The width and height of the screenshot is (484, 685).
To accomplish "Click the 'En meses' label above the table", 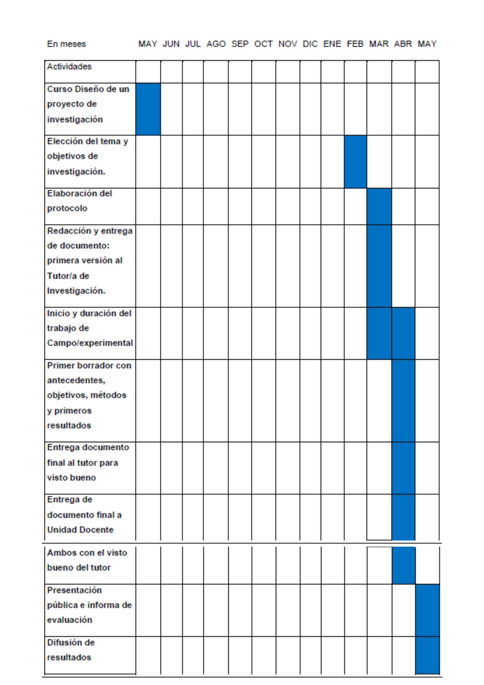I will [x=66, y=44].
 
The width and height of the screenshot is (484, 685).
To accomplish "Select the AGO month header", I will [x=216, y=44].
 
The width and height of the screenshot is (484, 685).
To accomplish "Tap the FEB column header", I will [x=355, y=44].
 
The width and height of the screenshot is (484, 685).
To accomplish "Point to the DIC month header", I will [x=310, y=44].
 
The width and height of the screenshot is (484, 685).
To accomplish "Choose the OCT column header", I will [x=263, y=44].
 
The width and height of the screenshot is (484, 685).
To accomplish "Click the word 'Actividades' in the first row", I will [x=69, y=67].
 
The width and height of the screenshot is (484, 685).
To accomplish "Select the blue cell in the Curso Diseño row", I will [x=148, y=109].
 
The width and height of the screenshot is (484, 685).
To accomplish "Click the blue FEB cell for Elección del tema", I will [x=355, y=162].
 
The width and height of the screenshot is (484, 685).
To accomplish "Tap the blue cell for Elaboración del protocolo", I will [x=379, y=207].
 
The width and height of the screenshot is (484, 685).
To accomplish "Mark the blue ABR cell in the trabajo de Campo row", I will [x=404, y=333].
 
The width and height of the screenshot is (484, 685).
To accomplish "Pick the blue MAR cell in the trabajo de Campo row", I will [x=379, y=333].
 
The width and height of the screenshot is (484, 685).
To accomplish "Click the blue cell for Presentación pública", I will [x=428, y=610].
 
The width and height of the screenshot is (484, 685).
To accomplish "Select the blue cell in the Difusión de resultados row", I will [x=428, y=655].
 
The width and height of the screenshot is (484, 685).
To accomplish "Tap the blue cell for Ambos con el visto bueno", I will [x=404, y=565].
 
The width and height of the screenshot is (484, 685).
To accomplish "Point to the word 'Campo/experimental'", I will [x=90, y=343].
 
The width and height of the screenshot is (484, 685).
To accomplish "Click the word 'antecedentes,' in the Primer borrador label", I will [x=76, y=381].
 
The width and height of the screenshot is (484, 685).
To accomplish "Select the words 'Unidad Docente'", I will [x=80, y=530].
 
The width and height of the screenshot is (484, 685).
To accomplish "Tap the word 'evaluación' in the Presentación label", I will [x=70, y=620].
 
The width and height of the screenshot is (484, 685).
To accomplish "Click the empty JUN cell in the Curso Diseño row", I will [x=171, y=109].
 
